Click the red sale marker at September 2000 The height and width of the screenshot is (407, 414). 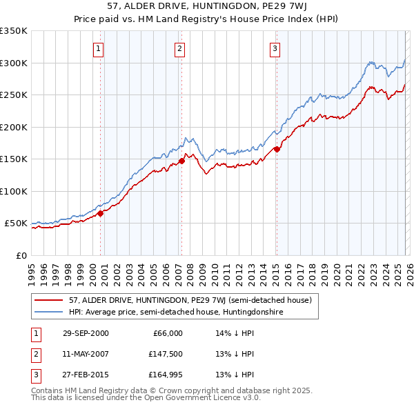101,213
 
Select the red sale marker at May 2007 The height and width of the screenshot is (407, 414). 181,161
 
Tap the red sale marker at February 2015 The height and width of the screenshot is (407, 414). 277,149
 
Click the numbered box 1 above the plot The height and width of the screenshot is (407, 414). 99,48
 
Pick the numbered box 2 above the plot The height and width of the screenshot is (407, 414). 179,48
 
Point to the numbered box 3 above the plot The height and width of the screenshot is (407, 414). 275,48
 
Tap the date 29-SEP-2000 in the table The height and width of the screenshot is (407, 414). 85,333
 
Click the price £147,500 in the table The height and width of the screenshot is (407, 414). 166,354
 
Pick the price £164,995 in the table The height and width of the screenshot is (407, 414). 166,375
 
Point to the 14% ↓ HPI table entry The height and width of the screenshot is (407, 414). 235,333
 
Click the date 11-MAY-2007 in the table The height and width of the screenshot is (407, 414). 85,354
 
